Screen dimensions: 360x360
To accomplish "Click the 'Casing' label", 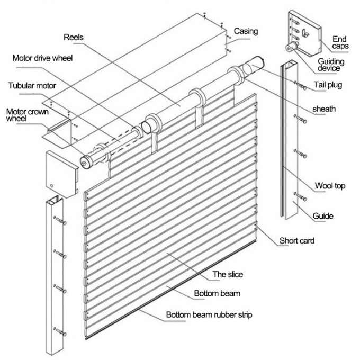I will coord(246,31).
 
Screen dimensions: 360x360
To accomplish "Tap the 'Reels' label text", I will coord(74,38).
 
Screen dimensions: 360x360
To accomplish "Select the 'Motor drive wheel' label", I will coord(42,58).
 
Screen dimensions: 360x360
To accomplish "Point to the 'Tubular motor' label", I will coord(32,85).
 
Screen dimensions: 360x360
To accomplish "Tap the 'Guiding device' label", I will coord(331,65).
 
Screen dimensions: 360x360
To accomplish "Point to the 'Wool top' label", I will coord(330,185).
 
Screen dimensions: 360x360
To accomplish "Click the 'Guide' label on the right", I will coord(323,215).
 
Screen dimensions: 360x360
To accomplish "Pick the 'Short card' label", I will coord(297,241).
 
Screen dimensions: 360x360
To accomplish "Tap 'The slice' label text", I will coord(227,274).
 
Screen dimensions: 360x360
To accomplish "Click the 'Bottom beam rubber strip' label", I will coord(209,315).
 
